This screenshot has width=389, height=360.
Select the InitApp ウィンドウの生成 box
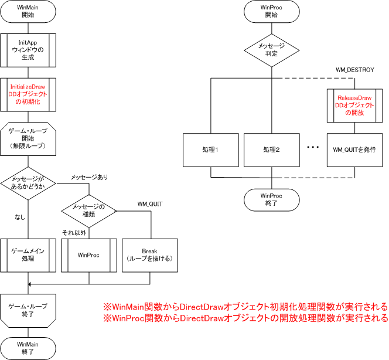click(28, 50)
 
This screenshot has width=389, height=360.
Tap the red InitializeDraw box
click(28, 94)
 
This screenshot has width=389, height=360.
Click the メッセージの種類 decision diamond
click(88, 209)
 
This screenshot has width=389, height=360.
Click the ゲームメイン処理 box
click(28, 254)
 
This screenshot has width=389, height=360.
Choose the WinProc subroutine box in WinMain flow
click(89, 255)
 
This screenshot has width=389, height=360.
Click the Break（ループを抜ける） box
click(150, 255)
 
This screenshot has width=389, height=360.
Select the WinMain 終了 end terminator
click(28, 348)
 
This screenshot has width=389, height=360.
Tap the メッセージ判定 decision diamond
click(271, 50)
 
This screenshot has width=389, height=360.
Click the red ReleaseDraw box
click(351, 105)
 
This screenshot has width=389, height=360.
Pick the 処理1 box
click(209, 150)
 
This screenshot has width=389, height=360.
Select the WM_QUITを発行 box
click(351, 150)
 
